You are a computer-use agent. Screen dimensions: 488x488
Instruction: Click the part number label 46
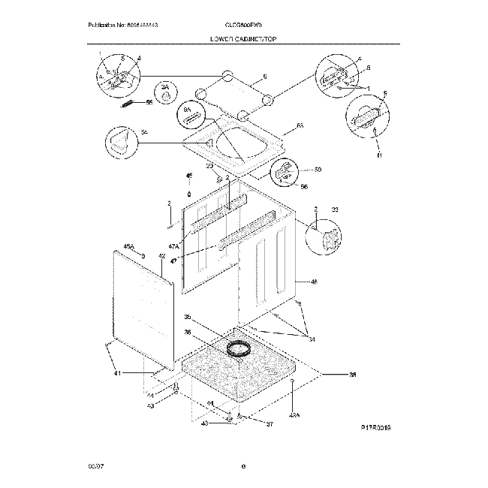[x=314, y=282]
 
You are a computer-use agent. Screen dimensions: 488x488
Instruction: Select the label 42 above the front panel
[x=161, y=257]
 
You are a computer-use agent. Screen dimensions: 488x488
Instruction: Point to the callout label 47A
[x=173, y=246]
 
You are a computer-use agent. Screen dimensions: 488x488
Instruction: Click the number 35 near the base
[x=188, y=317]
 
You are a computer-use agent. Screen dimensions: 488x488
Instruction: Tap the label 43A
[x=294, y=414]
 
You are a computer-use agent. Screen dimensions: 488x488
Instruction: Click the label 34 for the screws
[x=311, y=340]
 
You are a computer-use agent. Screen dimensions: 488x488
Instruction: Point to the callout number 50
[x=317, y=170]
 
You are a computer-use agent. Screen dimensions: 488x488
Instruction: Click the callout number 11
[x=379, y=156]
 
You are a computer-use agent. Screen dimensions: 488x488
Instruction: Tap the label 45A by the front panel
[x=128, y=246]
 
